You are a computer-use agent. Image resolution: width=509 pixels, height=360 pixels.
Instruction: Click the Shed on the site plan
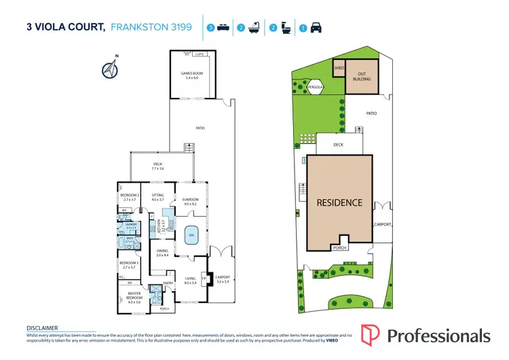click(339, 69)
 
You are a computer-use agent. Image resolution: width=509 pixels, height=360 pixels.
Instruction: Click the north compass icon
click(109, 68)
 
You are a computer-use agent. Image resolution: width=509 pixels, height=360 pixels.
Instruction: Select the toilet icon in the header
click(286, 29)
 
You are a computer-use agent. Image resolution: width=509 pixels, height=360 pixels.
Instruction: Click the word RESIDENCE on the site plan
click(339, 202)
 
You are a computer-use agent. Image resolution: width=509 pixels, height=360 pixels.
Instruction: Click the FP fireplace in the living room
click(204, 277)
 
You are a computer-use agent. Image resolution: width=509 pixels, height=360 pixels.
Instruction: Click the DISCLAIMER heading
click(43, 327)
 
